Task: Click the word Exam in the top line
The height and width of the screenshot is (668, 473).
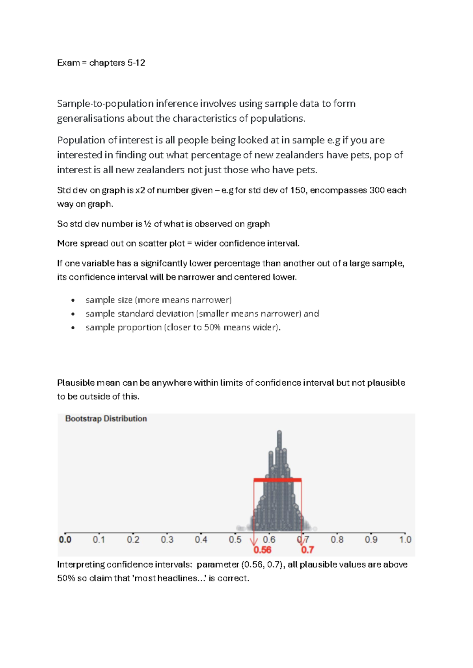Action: (x=68, y=63)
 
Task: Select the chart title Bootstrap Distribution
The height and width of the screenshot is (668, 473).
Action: (x=106, y=419)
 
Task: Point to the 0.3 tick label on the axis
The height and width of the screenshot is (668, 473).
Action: (x=167, y=540)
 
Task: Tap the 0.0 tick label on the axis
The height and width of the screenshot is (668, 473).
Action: (x=65, y=540)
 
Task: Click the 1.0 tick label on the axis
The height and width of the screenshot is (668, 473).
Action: (x=405, y=540)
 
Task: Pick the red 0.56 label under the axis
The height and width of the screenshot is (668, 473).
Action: (x=262, y=550)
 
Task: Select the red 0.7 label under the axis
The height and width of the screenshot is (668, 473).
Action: (x=307, y=550)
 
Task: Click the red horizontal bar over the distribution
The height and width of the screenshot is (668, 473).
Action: (x=277, y=480)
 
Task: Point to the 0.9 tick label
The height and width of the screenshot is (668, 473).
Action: (x=371, y=540)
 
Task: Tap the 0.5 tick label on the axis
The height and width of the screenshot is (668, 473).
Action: (x=235, y=540)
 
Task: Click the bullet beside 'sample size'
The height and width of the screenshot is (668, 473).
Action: (x=73, y=301)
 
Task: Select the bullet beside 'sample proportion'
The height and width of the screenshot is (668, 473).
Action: (x=73, y=328)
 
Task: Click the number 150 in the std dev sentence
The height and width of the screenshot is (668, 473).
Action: (x=298, y=190)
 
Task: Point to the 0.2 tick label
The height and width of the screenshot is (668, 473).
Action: (x=133, y=540)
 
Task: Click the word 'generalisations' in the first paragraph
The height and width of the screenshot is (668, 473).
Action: (x=91, y=119)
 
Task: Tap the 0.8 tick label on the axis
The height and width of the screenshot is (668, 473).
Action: (x=337, y=540)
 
